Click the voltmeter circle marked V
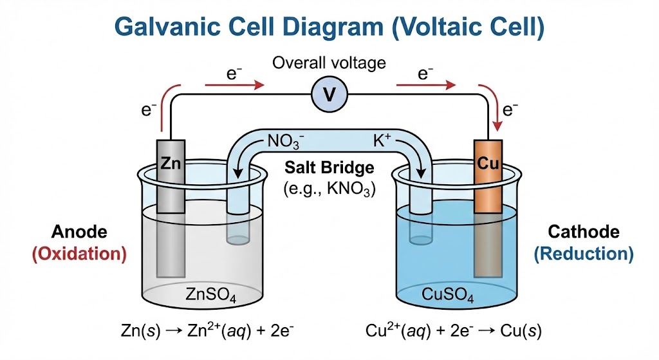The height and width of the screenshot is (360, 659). pos(329,96)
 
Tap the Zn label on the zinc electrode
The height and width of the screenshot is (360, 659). pos(171,164)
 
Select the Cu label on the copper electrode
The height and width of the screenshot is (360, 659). pos(487,164)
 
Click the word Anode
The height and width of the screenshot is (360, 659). pos(80,232)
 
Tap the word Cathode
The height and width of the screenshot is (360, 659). pos(583,232)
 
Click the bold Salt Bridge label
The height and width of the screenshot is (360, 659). pos(329,168)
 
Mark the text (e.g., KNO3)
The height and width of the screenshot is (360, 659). pos(329,189)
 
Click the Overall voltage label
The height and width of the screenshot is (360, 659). pos(329,63)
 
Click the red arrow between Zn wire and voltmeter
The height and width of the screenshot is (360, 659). pos(234,84)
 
